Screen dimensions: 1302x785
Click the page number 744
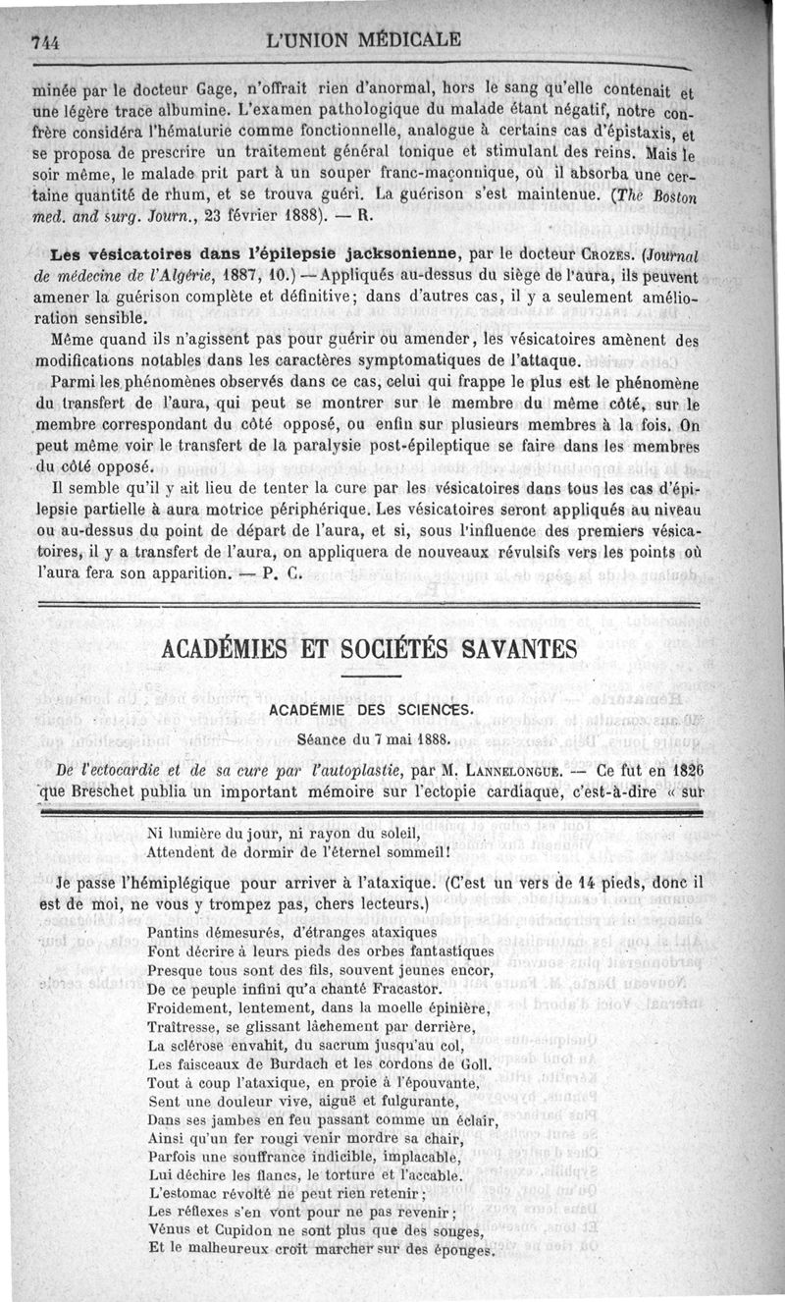[46, 41]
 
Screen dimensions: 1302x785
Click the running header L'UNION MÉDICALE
[364, 39]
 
